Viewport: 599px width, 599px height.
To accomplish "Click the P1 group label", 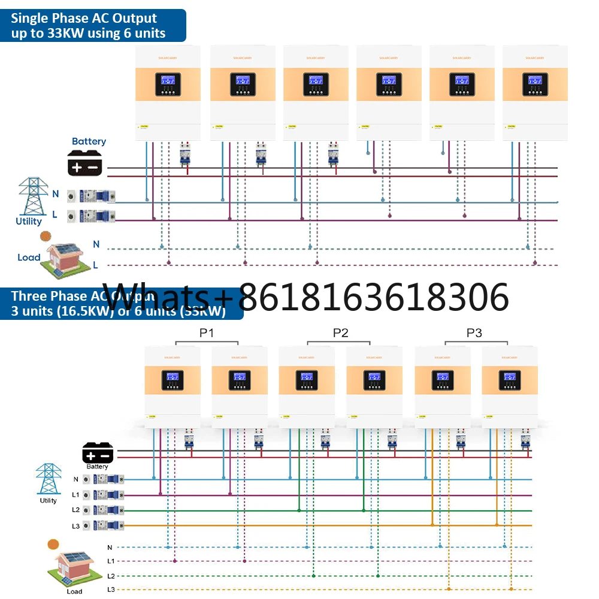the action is point(207,333).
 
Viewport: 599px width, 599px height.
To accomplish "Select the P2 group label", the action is point(340,333).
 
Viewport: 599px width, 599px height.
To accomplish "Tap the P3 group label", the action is point(474,333).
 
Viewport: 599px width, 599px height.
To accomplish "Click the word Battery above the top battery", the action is point(89,141).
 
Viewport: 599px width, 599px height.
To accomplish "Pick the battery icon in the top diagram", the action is point(86,162).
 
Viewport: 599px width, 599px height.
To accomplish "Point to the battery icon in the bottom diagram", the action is point(97,451).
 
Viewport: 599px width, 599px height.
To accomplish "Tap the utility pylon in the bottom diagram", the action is point(48,479).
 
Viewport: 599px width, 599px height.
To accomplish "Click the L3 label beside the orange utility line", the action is point(75,525).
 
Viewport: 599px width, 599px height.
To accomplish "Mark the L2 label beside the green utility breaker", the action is point(75,510).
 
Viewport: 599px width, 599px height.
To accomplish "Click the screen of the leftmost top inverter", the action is point(162,80).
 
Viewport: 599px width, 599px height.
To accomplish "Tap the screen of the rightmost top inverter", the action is point(529,80).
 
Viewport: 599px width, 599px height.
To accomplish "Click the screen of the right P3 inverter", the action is point(509,377).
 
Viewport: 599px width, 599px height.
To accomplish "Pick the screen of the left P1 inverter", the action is point(172,377).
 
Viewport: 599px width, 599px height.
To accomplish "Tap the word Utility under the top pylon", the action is point(29,222).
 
